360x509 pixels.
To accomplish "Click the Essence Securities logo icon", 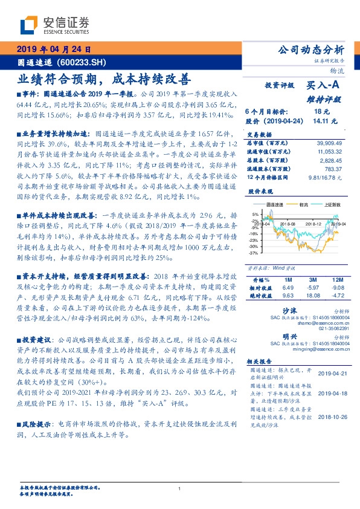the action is click(30, 25).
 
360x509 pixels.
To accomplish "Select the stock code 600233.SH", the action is click(81, 62).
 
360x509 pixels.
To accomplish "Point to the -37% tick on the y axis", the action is click(256, 254).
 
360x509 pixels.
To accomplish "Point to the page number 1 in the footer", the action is click(180, 488).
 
